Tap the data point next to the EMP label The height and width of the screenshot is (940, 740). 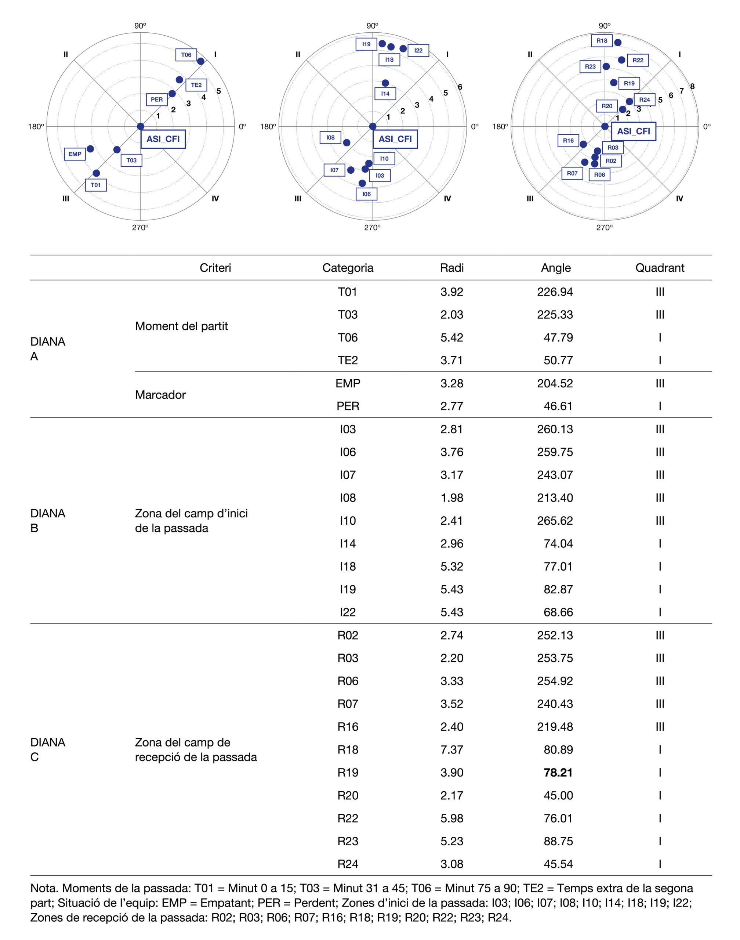click(90, 149)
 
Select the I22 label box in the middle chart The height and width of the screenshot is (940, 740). click(418, 51)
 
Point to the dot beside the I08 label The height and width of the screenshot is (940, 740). click(347, 142)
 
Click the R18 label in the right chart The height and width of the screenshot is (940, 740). click(602, 41)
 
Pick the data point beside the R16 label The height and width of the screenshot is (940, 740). click(583, 144)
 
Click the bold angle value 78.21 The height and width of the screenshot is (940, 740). click(558, 772)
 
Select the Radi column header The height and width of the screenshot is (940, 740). click(451, 268)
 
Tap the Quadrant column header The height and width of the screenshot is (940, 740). click(659, 268)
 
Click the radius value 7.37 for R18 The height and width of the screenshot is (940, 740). click(451, 750)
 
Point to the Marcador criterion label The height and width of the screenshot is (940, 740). click(160, 395)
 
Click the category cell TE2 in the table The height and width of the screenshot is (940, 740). click(348, 360)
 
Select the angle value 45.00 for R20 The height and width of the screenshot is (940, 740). click(558, 795)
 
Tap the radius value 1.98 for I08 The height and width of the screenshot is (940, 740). click(451, 498)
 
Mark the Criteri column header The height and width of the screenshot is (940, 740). click(215, 268)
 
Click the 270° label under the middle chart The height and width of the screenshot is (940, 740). click(372, 228)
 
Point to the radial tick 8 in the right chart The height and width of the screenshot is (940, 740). click(692, 87)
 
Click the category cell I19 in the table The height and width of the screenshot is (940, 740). click(348, 589)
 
